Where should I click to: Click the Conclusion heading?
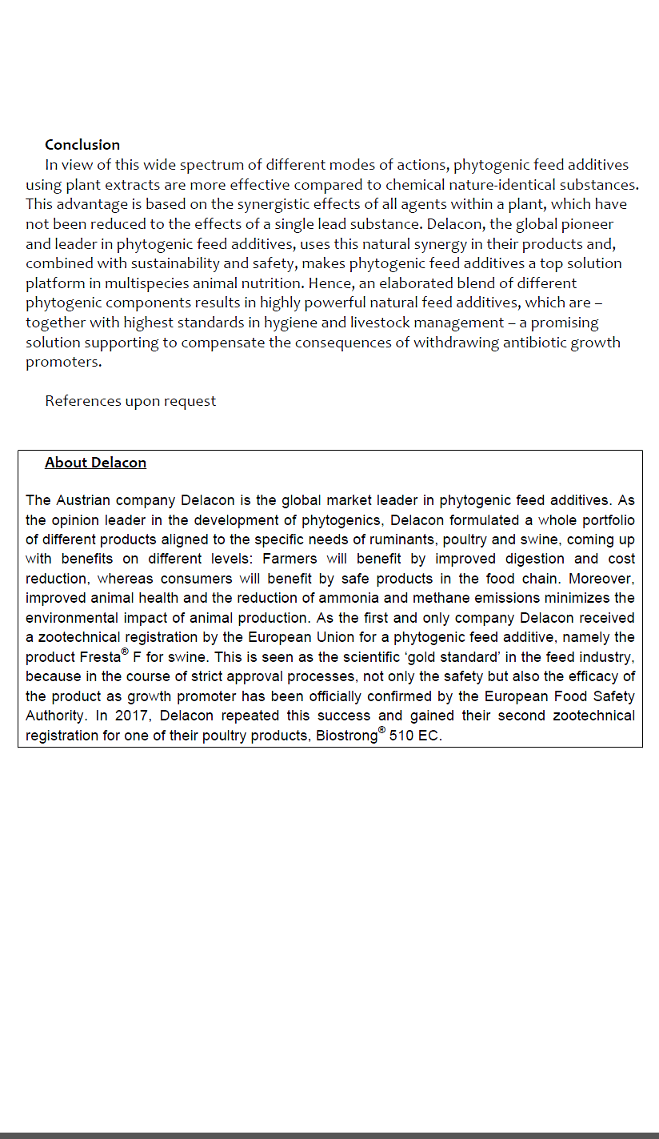[x=82, y=145]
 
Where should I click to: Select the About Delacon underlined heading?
[x=95, y=463]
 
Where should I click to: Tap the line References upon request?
[x=130, y=401]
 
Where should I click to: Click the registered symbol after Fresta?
[x=125, y=652]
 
